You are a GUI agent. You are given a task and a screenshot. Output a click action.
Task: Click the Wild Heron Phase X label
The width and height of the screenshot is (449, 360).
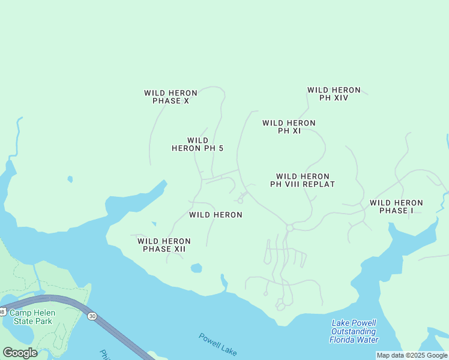(x=170, y=97)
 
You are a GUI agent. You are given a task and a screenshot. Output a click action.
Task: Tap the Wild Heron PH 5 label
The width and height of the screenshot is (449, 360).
(x=197, y=144)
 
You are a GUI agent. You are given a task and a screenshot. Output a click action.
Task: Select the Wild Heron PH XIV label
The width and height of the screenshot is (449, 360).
(x=334, y=94)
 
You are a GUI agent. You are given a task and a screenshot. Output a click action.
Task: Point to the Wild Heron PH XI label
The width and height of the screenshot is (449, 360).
(x=289, y=127)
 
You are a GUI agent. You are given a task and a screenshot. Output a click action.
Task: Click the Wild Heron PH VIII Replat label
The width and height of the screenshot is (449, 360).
(x=303, y=180)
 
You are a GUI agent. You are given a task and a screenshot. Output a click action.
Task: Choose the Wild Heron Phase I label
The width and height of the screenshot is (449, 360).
(x=396, y=206)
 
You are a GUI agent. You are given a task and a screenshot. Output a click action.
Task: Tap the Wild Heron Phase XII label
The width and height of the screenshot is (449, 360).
(x=164, y=245)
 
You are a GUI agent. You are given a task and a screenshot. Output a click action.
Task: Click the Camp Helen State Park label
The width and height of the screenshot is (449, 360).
(x=32, y=317)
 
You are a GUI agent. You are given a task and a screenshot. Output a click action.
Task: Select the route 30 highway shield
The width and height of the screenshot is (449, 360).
(x=92, y=316)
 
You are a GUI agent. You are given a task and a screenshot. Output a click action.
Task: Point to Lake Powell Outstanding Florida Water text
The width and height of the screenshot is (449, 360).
(x=354, y=331)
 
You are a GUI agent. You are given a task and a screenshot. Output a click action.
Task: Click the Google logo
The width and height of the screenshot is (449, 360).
(x=20, y=353)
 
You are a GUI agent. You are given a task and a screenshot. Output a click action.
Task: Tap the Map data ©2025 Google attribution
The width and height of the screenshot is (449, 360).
(x=412, y=355)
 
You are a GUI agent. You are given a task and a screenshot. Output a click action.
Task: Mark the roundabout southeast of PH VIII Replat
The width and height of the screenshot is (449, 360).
(x=289, y=227)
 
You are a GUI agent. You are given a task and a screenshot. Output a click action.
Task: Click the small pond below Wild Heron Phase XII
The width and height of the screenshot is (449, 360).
(x=196, y=268)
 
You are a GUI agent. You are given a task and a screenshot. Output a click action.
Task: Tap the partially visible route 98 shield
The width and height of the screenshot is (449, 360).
(x=2, y=311)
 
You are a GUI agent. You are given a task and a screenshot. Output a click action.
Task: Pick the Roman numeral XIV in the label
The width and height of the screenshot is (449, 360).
(x=341, y=98)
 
